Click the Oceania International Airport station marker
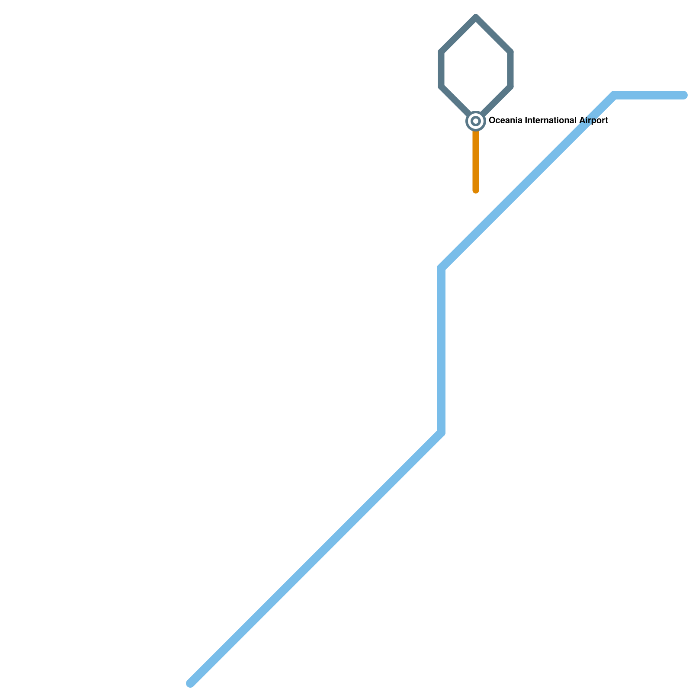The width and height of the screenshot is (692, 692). (x=476, y=121)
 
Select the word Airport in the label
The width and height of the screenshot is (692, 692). (x=593, y=121)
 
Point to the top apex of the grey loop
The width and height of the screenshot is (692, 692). (x=476, y=18)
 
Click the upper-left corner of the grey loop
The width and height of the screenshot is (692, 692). (x=442, y=52)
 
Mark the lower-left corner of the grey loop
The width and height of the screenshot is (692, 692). (x=442, y=86)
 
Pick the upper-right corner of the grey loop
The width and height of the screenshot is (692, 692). (x=510, y=52)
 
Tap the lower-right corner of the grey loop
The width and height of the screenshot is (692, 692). (x=510, y=86)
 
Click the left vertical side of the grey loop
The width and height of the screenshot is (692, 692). (x=442, y=69)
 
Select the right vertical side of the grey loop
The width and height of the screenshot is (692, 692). (x=510, y=69)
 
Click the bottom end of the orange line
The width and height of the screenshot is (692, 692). (x=476, y=190)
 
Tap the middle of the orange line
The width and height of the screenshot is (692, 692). (x=476, y=160)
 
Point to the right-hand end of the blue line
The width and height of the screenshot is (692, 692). (x=683, y=95)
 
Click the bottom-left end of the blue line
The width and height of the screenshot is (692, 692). (x=191, y=683)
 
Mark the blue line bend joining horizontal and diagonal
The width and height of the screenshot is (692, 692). (x=614, y=95)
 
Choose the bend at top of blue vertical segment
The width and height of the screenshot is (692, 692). (x=442, y=268)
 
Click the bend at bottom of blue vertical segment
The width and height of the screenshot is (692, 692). (x=442, y=432)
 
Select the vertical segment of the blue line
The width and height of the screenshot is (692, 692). (x=442, y=350)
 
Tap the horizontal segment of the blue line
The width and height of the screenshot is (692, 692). (x=649, y=95)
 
